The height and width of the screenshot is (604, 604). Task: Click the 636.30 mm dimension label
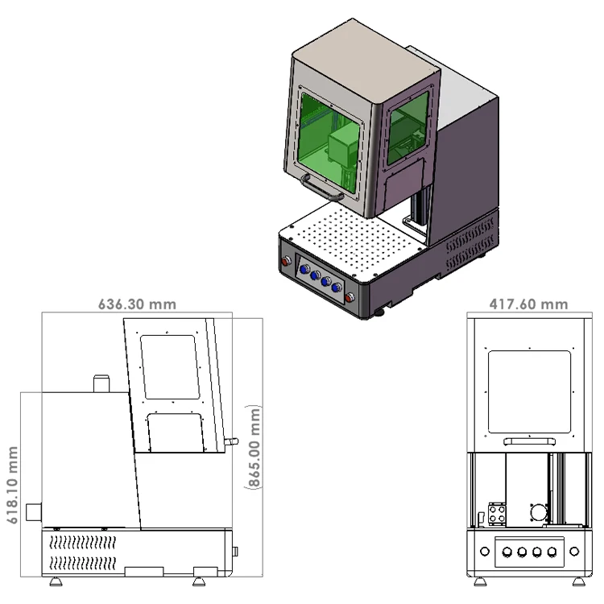[x=137, y=304]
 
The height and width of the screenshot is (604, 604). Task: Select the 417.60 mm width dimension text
[x=528, y=304]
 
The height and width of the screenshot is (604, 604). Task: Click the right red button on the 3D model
[x=350, y=297]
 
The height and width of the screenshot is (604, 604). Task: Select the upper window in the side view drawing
[x=169, y=367]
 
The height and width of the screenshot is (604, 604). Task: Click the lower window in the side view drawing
[x=176, y=432]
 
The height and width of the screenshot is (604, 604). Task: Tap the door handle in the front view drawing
[x=528, y=441]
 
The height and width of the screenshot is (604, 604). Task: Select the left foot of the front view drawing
[x=480, y=581]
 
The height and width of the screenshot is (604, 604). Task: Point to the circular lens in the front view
[x=538, y=512]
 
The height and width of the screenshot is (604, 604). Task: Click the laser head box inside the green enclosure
[x=341, y=147]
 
